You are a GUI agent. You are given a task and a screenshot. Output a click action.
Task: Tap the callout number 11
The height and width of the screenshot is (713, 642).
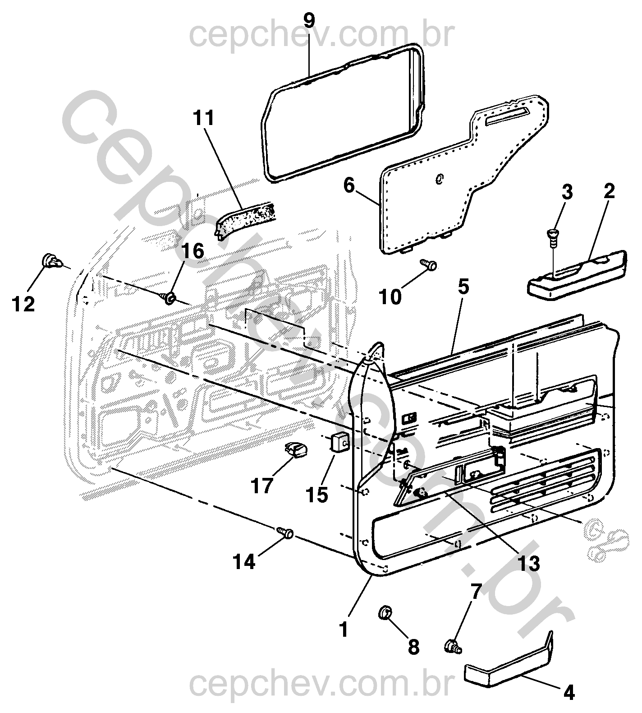204,119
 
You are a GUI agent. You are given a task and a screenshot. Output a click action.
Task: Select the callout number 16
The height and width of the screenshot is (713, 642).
193,251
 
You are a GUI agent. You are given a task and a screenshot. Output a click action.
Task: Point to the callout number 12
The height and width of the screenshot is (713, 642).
23,305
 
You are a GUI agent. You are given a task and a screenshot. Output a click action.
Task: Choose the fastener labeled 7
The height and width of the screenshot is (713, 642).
453,647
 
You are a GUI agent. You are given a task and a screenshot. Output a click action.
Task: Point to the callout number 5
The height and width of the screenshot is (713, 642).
463,287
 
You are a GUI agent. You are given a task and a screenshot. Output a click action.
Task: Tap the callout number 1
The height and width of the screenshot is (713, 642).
344,629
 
